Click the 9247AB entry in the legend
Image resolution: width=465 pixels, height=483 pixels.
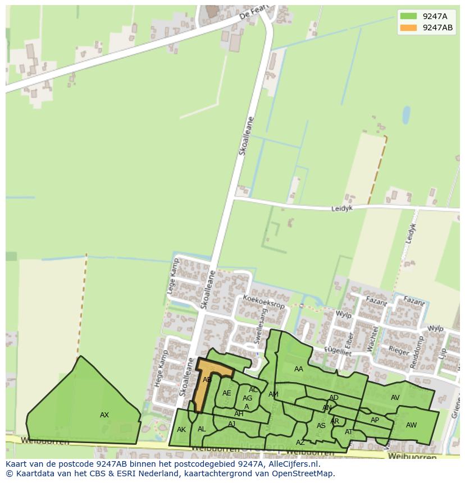pyautogui.click(x=437, y=28)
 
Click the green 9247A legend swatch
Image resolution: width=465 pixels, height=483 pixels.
pyautogui.click(x=408, y=16)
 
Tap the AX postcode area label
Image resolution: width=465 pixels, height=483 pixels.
pyautogui.click(x=104, y=415)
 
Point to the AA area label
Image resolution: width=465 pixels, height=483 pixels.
pyautogui.click(x=299, y=369)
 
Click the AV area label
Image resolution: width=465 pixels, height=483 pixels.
pyautogui.click(x=395, y=398)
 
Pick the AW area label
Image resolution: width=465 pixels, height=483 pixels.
pyautogui.click(x=411, y=425)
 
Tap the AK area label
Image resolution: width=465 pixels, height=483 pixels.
pyautogui.click(x=181, y=430)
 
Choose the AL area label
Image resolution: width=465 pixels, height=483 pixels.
pyautogui.click(x=202, y=429)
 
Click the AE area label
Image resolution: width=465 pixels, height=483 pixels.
pyautogui.click(x=226, y=393)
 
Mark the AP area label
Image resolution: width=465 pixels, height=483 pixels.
pyautogui.click(x=375, y=420)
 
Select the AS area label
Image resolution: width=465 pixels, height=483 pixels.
pyautogui.click(x=321, y=426)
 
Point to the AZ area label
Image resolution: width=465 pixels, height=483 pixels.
pyautogui.click(x=300, y=443)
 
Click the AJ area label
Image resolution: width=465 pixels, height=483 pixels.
pyautogui.click(x=231, y=424)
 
